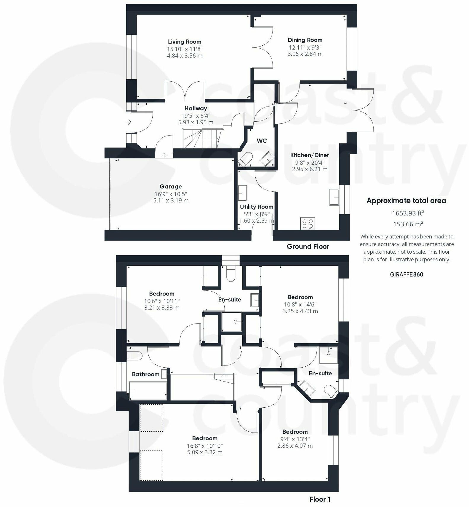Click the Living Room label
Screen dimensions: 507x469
click(185, 42)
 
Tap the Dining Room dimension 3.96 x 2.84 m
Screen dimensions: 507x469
click(305, 54)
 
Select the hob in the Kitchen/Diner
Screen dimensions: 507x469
click(308, 223)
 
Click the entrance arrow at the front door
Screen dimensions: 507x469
click(129, 122)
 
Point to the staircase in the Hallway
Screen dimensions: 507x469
click(201, 139)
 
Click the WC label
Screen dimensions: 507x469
click(262, 141)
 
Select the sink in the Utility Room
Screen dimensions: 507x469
click(242, 193)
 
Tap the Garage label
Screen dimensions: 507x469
click(171, 187)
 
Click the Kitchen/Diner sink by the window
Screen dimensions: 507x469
click(335, 197)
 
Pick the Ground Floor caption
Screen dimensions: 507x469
click(308, 247)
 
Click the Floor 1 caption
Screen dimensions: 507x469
click(320, 499)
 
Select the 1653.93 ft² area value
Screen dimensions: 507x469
click(408, 213)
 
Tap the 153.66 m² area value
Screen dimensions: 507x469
click(408, 224)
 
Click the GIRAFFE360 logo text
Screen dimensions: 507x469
click(406, 274)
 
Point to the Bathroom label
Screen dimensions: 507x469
click(145, 374)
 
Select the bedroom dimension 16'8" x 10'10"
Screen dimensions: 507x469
click(205, 446)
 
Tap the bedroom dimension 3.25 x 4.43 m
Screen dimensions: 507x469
click(300, 311)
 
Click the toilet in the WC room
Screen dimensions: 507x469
click(245, 159)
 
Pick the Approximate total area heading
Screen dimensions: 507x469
click(406, 201)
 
